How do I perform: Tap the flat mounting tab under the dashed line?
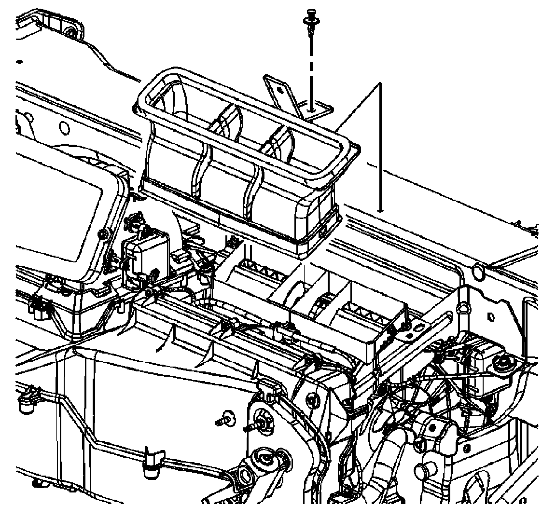(x=316, y=110)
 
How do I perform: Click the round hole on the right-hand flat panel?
(x=477, y=272)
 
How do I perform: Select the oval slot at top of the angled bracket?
(x=464, y=307)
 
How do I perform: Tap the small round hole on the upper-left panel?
(x=63, y=128)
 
